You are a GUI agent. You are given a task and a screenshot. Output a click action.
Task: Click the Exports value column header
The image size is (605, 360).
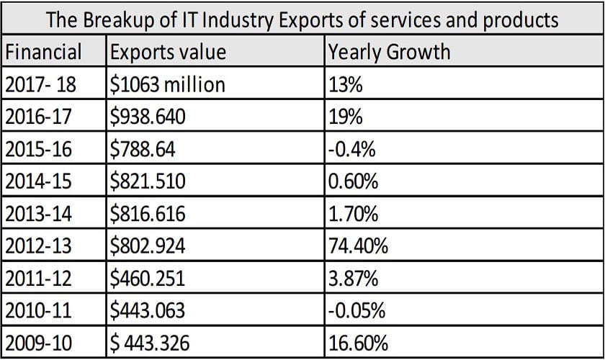167,53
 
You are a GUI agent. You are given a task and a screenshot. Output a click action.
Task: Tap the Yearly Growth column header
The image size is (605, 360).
389,53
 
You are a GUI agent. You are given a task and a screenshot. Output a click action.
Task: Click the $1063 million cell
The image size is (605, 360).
168,85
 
